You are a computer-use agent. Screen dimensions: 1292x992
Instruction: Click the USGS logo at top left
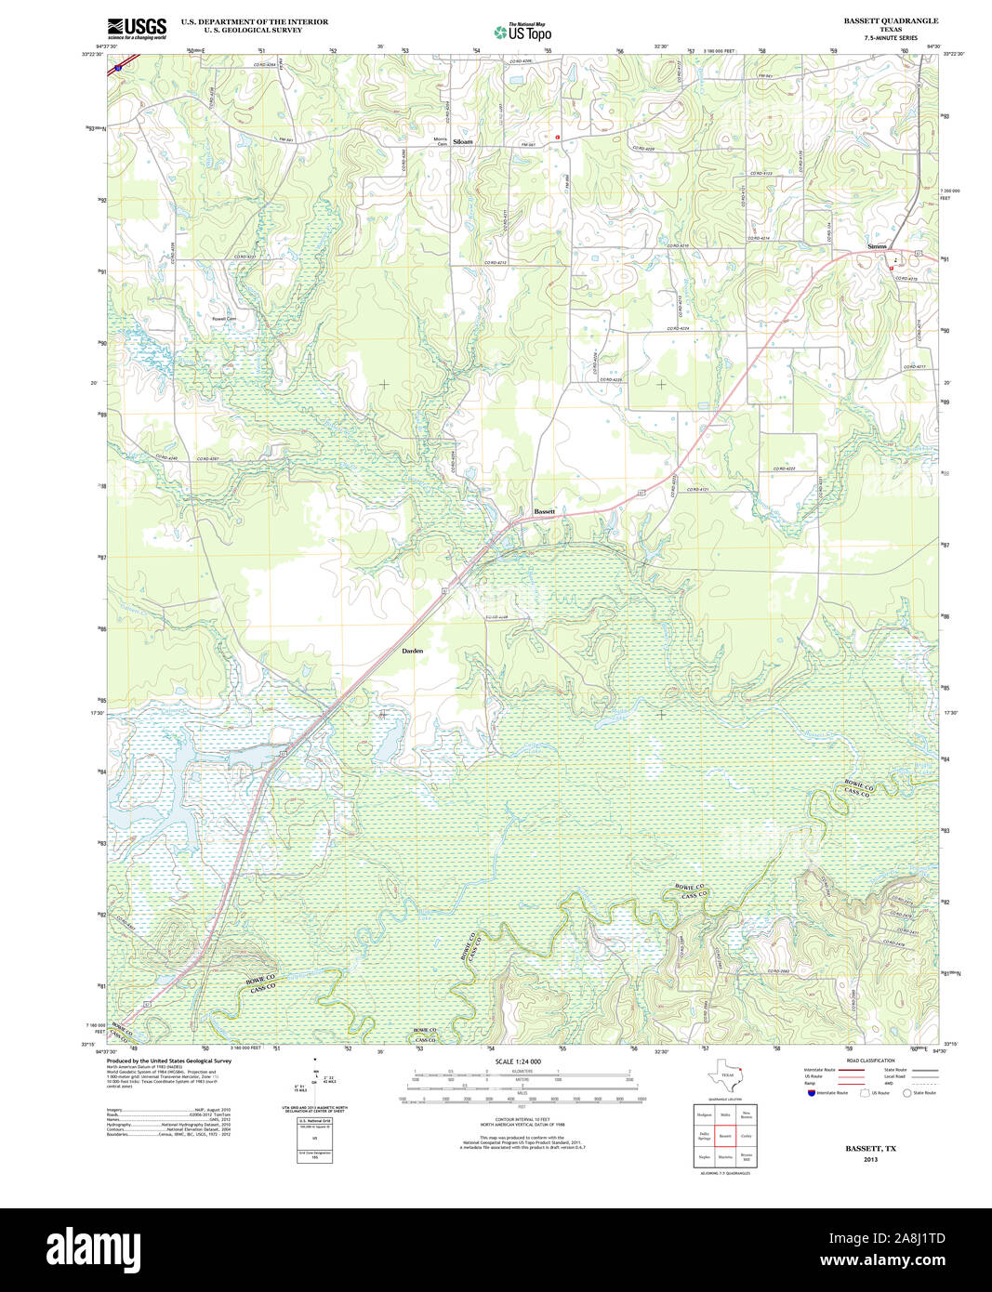tap(137, 27)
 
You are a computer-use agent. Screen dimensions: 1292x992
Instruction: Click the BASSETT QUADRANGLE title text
tap(891, 20)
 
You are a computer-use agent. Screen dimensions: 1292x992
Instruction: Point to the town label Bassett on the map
tap(545, 512)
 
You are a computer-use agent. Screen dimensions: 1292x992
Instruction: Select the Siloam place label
tap(462, 142)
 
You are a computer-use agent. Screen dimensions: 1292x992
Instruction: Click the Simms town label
tap(877, 246)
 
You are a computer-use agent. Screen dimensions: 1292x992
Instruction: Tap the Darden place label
tap(412, 651)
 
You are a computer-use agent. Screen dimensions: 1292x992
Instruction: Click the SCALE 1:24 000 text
tap(518, 1061)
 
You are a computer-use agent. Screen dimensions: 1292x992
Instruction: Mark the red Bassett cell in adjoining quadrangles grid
tap(725, 1137)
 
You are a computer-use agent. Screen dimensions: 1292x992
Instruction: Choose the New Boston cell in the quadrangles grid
tap(747, 1114)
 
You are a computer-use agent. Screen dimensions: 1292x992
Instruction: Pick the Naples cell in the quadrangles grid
tap(704, 1158)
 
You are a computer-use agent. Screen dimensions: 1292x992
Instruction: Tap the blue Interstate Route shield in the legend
tap(811, 1092)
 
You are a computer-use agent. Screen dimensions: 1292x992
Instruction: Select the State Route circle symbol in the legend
tap(906, 1092)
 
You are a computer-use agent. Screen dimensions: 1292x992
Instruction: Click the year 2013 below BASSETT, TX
tap(870, 1159)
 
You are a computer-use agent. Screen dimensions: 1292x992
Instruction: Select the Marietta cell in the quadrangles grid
tap(725, 1158)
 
